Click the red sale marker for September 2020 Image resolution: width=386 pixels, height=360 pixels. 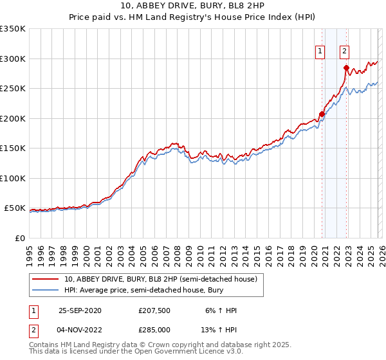322,114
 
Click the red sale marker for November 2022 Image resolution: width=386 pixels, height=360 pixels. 346,67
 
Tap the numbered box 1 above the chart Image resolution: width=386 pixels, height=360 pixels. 320,52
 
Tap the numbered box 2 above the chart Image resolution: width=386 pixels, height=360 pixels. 345,52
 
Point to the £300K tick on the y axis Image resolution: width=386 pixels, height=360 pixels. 13,59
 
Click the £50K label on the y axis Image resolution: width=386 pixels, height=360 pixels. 15,208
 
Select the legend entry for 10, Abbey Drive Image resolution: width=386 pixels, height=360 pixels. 160,279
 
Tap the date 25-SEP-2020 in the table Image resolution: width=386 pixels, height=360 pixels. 80,310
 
